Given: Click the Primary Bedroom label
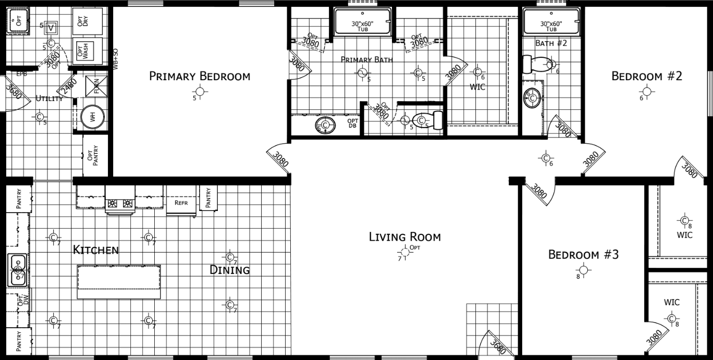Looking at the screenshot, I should [200, 76].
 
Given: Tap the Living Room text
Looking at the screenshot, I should [404, 237].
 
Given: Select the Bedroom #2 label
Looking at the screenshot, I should [647, 76].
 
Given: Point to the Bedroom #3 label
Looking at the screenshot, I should [583, 255].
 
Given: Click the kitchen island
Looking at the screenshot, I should [119, 281].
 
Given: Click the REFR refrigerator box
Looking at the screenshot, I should [181, 203].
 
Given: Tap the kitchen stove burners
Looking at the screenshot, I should [120, 204].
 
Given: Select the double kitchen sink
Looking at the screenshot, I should [18, 270].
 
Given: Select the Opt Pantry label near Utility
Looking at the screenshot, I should [95, 155].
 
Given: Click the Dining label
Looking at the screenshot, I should [229, 270].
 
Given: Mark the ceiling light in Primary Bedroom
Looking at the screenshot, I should [201, 92].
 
